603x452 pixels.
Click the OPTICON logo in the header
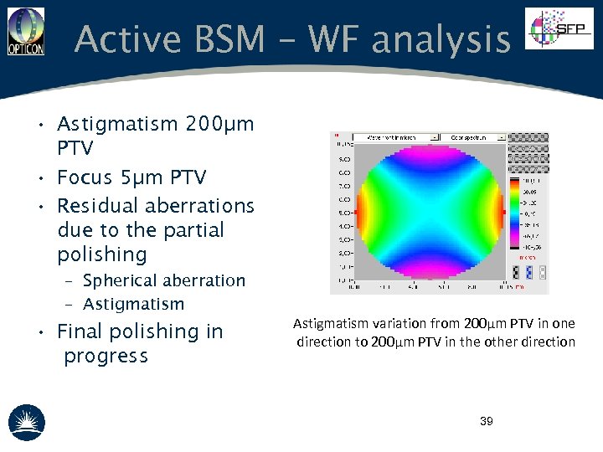pyautogui.click(x=25, y=32)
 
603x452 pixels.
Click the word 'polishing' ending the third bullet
pyautogui.click(x=101, y=254)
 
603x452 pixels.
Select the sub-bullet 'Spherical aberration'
pyautogui.click(x=164, y=280)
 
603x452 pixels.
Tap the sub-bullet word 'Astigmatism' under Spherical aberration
pyautogui.click(x=134, y=304)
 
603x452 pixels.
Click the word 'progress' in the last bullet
pyautogui.click(x=106, y=356)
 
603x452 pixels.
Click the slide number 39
pyautogui.click(x=486, y=421)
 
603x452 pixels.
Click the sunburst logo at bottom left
pyautogui.click(x=27, y=423)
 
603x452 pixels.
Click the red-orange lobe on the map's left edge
pyautogui.click(x=362, y=213)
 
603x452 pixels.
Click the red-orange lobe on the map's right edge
pyautogui.click(x=500, y=213)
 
